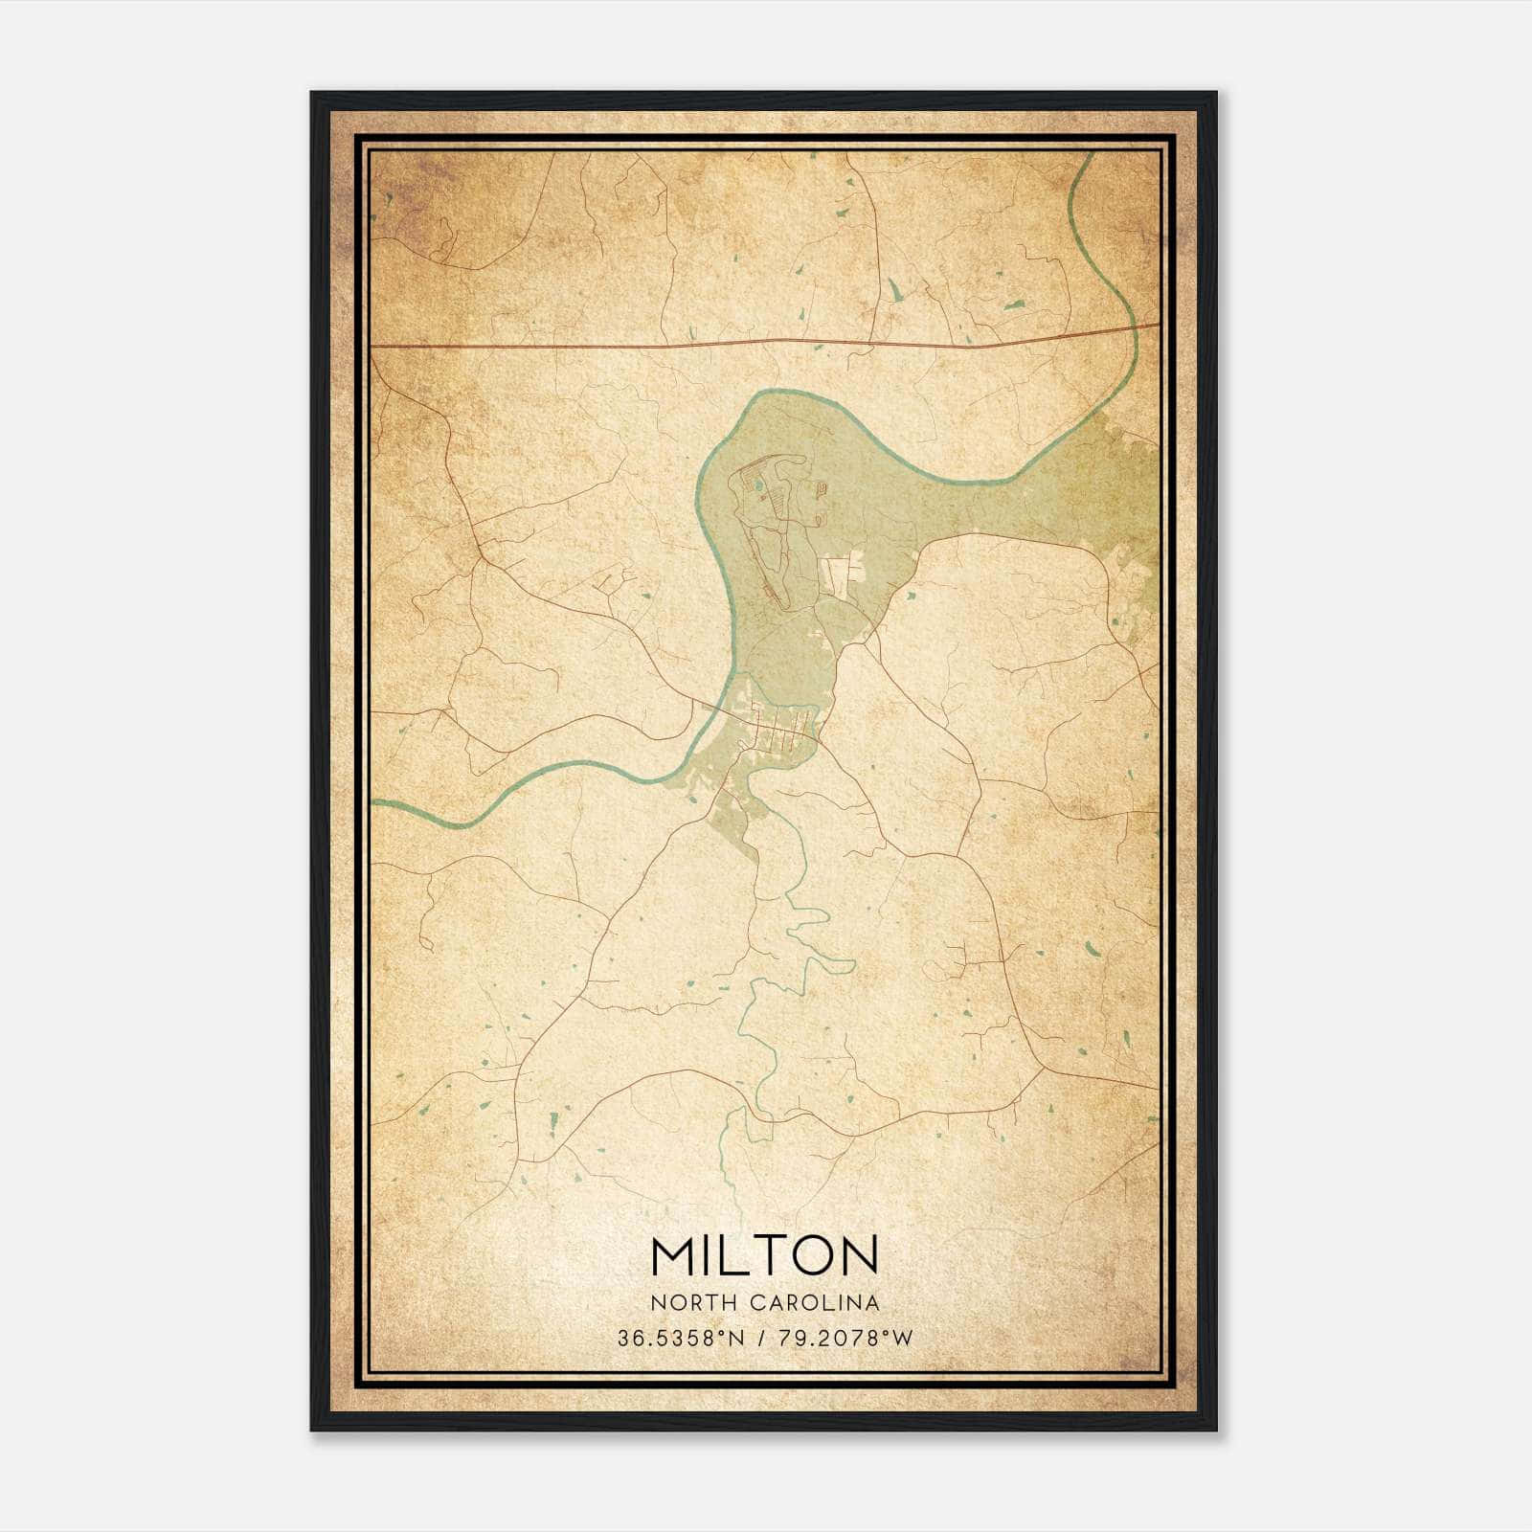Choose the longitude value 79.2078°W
click(847, 1339)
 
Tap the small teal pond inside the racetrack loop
click(758, 486)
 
